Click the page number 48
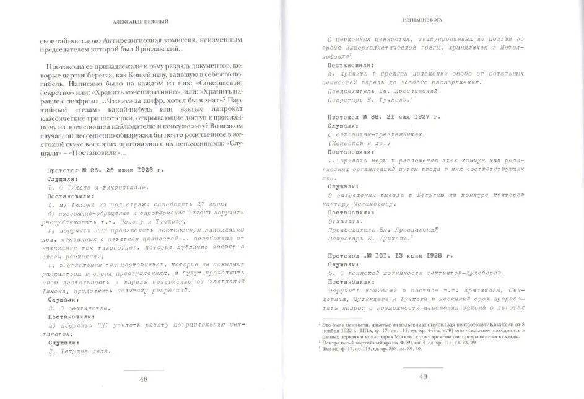tap(144, 379)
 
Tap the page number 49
tap(424, 376)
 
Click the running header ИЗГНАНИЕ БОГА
tap(424, 18)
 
